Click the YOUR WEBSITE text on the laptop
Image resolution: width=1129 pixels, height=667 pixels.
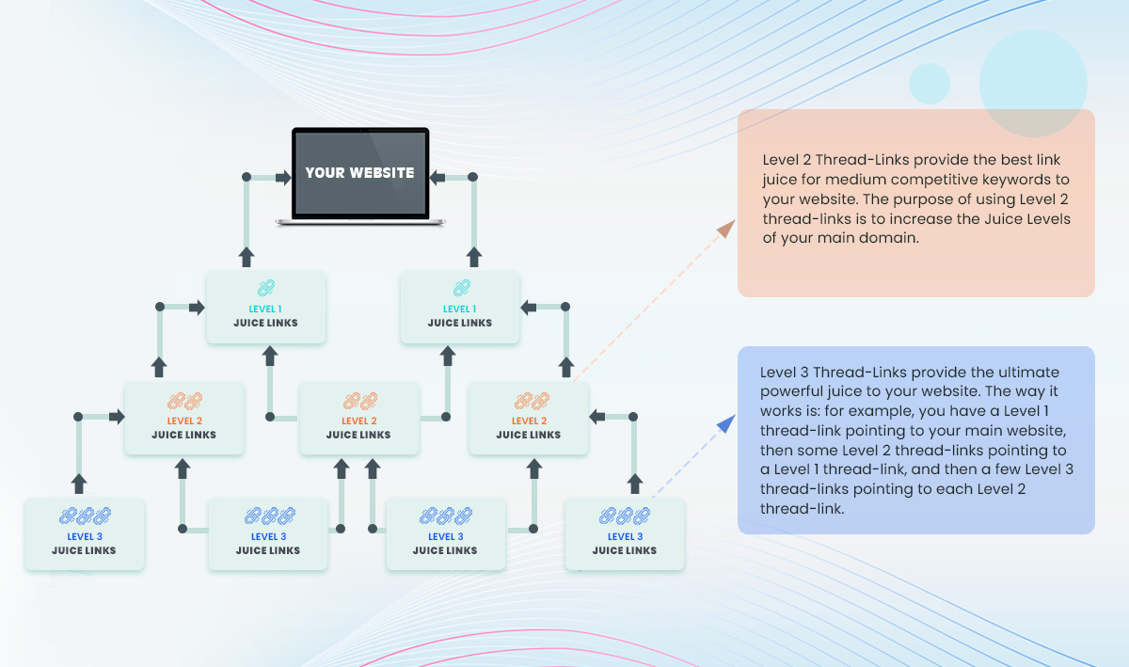(359, 172)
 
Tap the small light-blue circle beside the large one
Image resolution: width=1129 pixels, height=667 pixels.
(929, 84)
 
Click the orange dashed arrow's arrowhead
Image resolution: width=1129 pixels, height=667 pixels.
(726, 229)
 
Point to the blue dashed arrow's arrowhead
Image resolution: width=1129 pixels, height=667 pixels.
(726, 423)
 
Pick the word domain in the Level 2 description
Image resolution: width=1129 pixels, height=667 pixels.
(888, 237)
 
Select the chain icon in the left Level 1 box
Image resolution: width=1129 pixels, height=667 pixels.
(266, 288)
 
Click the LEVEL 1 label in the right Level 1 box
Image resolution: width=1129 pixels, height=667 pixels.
(459, 309)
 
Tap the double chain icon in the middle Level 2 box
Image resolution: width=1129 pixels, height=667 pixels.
(359, 402)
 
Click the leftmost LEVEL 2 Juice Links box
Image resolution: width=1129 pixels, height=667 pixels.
(184, 418)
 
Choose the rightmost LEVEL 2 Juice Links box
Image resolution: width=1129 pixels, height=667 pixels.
(528, 418)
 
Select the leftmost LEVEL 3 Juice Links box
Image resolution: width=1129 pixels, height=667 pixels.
(84, 534)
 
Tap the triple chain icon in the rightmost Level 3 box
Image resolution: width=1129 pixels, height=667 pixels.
(625, 516)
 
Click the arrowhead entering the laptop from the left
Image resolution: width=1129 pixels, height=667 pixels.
(284, 177)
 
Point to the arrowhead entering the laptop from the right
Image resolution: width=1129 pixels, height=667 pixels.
(437, 177)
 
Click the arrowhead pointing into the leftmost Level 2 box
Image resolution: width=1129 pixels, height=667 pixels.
(117, 417)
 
